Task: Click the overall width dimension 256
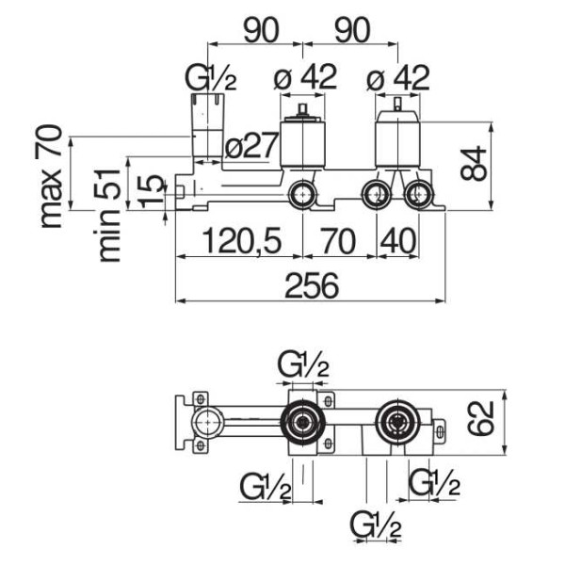(310, 285)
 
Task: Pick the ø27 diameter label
(252, 145)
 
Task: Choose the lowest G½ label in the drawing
(374, 524)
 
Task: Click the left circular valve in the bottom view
(302, 423)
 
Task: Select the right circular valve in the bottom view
(396, 423)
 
